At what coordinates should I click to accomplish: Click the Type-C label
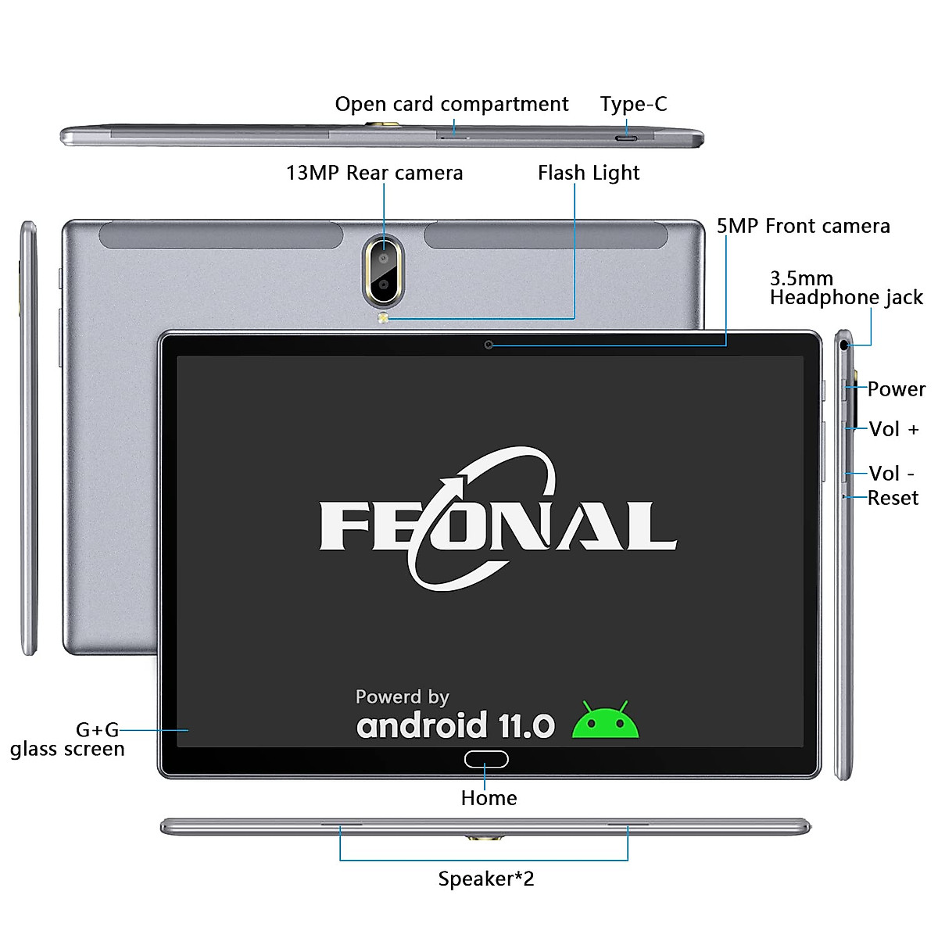pos(633,104)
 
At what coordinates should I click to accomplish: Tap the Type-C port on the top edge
pos(626,139)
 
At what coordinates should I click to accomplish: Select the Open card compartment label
pos(451,104)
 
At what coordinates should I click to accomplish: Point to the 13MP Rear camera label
pos(374,173)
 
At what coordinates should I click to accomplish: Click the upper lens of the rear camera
pos(384,257)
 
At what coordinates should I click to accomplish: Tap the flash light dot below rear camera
pos(383,318)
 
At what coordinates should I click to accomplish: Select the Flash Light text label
pos(588,173)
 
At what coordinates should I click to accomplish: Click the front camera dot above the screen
pos(489,345)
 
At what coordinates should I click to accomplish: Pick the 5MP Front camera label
pos(803,227)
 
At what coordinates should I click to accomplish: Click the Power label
pos(896,389)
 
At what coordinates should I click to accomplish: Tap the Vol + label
pos(893,429)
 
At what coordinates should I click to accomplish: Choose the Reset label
pos(893,498)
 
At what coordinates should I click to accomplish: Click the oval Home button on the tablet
pos(486,759)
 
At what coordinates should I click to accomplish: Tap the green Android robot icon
pos(606,721)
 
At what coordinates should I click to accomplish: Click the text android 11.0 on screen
pos(455,726)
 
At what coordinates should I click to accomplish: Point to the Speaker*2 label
pos(485,879)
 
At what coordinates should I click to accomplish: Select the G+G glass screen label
pos(68,739)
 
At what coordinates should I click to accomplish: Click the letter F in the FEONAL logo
pos(344,526)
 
